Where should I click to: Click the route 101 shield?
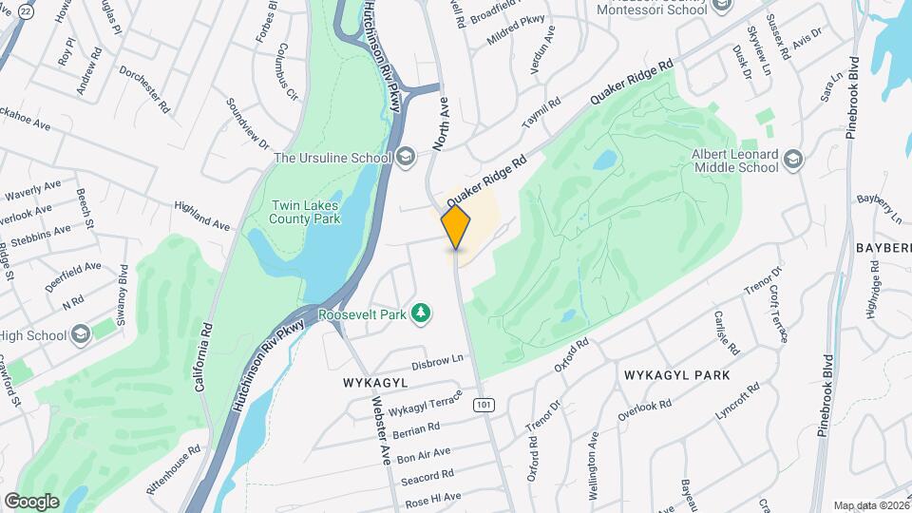(484, 405)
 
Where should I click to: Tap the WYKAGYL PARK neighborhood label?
(676, 375)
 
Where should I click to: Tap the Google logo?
(31, 501)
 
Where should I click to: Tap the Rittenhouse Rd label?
(173, 462)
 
